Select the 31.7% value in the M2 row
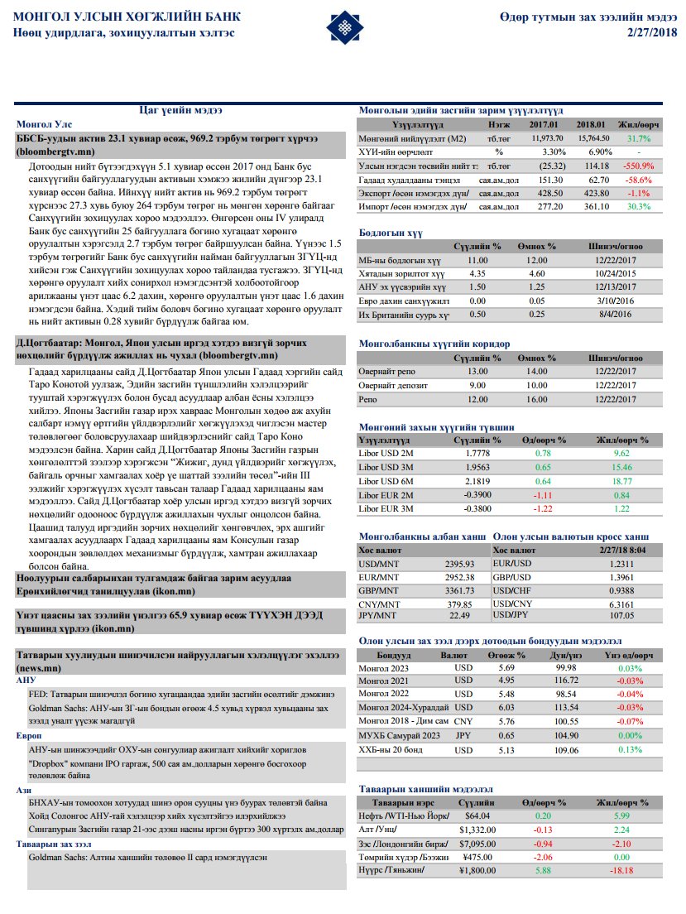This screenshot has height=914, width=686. tap(639, 138)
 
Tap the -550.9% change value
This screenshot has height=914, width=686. tap(638, 166)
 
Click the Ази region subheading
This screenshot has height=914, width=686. tap(24, 790)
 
